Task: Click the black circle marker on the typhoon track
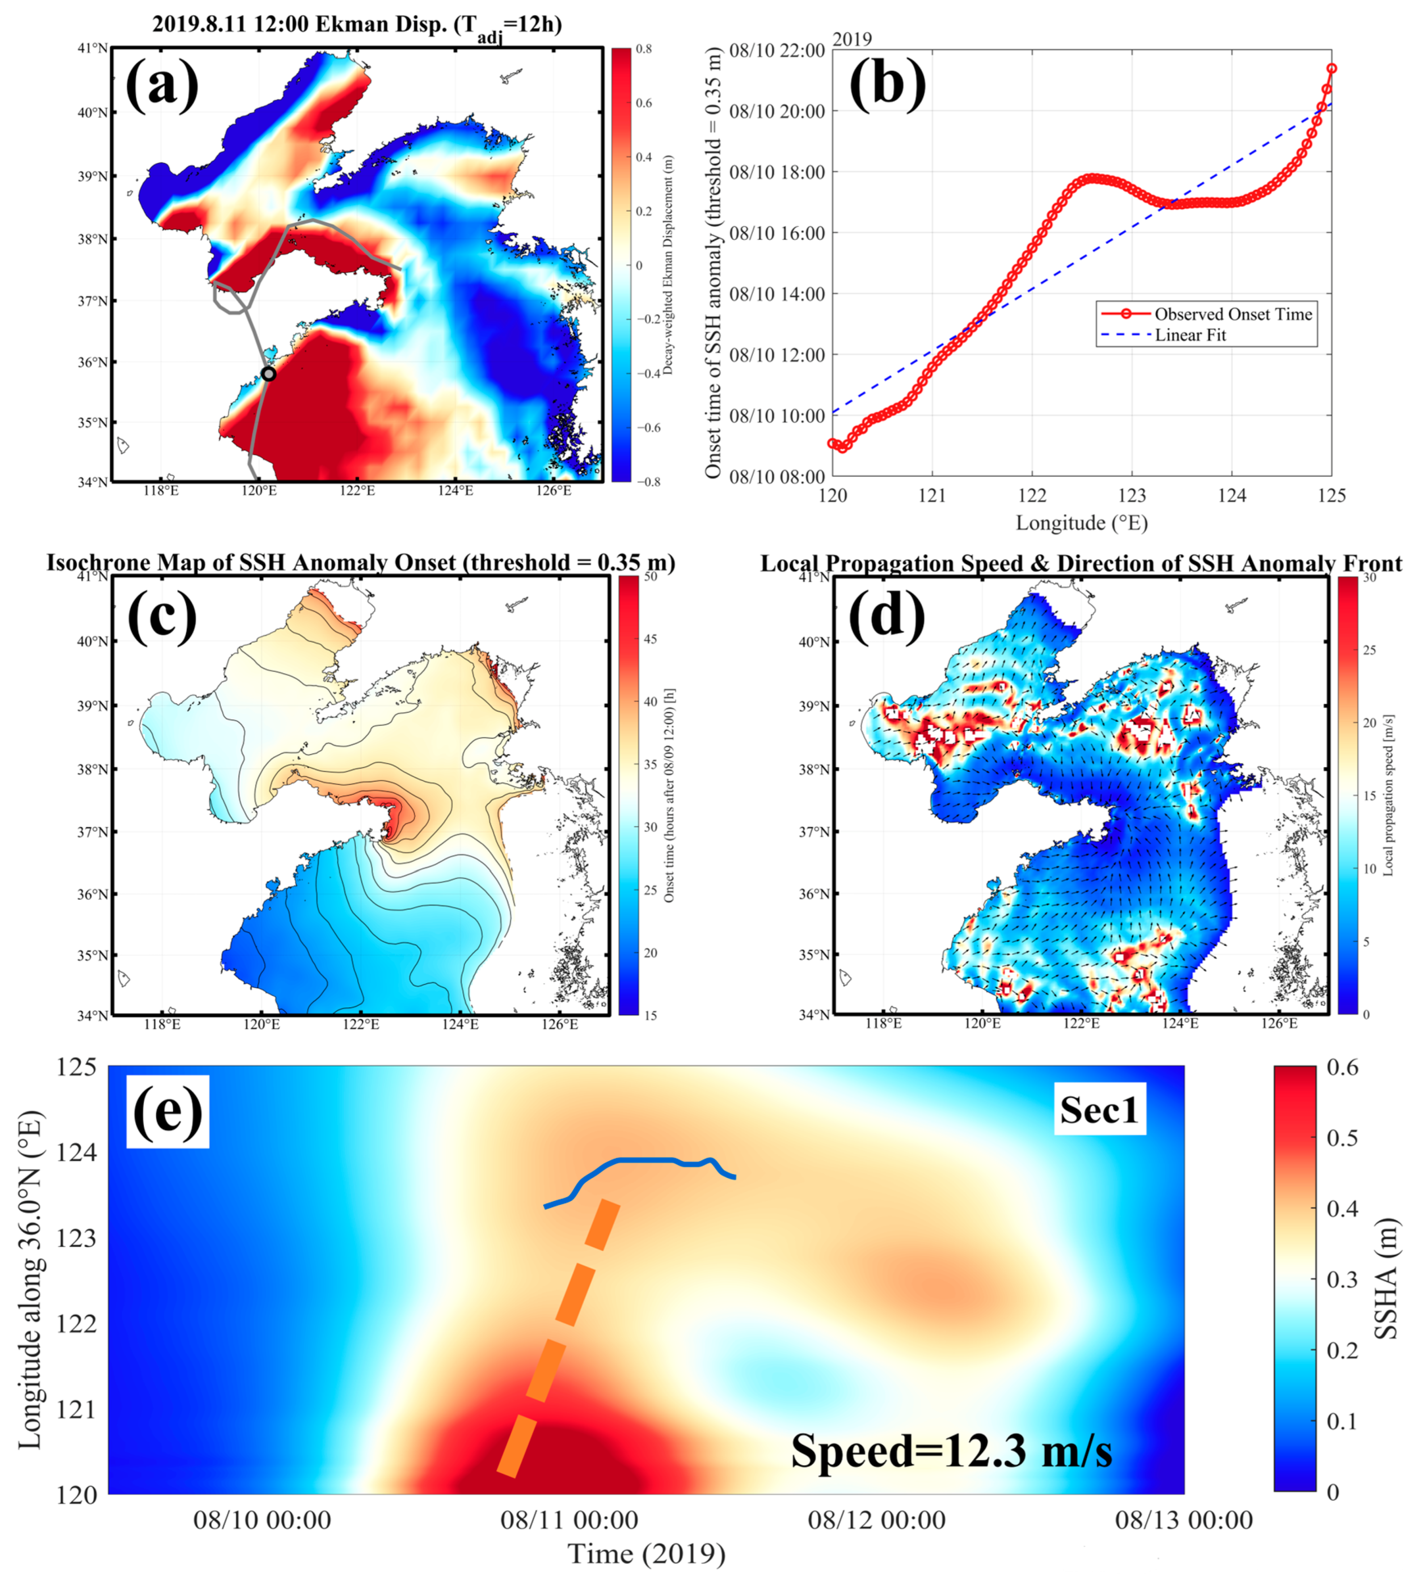268,374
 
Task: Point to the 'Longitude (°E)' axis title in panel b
1081,522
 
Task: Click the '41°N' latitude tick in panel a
93,48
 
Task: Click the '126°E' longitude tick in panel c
560,1023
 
